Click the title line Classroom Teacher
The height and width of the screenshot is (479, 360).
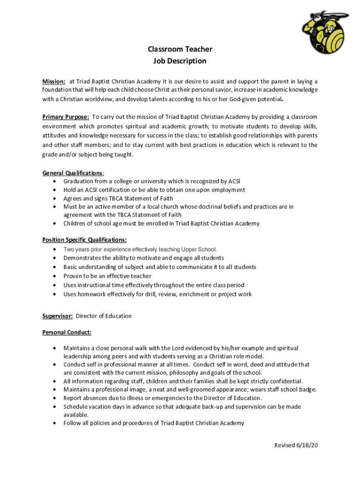tap(180, 49)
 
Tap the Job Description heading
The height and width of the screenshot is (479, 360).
tap(180, 61)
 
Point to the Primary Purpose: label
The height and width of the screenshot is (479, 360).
tap(66, 117)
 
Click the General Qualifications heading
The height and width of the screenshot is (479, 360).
tap(72, 173)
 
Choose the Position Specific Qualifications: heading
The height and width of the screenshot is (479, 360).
tap(85, 240)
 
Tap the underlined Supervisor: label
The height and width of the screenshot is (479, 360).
tap(58, 316)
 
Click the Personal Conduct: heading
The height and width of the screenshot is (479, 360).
tap(67, 333)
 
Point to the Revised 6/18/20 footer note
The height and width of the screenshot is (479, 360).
tap(296, 445)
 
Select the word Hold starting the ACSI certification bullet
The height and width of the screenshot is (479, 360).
tap(70, 190)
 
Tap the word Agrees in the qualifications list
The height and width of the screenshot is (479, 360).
tap(73, 198)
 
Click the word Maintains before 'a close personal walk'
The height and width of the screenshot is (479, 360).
tap(78, 348)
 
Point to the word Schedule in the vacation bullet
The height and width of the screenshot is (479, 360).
tap(77, 406)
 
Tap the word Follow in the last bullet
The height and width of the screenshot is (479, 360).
tap(72, 423)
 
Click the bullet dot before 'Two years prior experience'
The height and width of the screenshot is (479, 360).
tap(56, 249)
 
